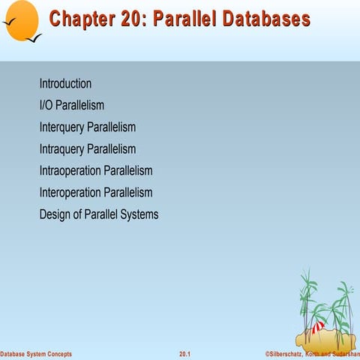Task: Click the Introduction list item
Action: (x=65, y=84)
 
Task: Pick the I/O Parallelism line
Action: (x=71, y=106)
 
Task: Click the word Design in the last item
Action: (x=55, y=214)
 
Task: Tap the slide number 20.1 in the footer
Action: (x=184, y=353)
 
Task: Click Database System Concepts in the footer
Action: (x=36, y=353)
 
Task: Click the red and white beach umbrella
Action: (x=318, y=325)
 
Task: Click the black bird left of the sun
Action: (x=10, y=31)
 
